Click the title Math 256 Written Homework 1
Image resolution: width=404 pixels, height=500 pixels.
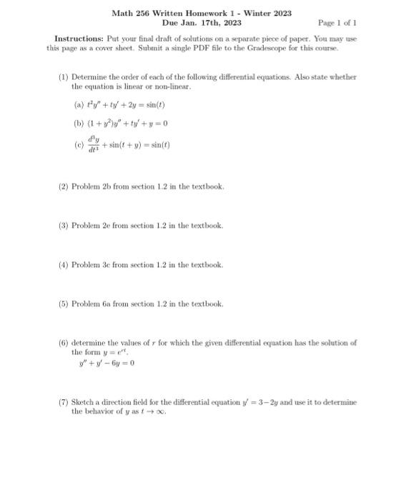(201, 14)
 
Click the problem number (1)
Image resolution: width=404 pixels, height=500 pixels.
(64, 76)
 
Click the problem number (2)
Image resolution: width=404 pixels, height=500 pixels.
(64, 186)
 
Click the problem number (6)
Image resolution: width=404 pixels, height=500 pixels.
(64, 343)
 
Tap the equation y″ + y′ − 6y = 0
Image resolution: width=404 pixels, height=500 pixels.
(107, 363)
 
